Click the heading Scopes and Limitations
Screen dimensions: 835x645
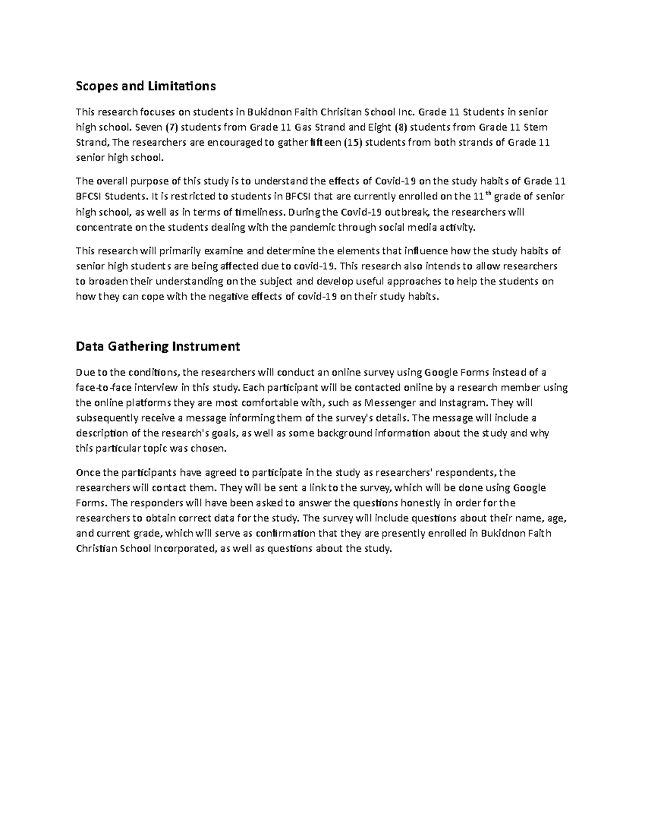146,86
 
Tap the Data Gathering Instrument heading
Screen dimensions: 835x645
158,346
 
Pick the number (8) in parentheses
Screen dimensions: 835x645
400,127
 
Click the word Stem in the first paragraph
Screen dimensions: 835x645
538,127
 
